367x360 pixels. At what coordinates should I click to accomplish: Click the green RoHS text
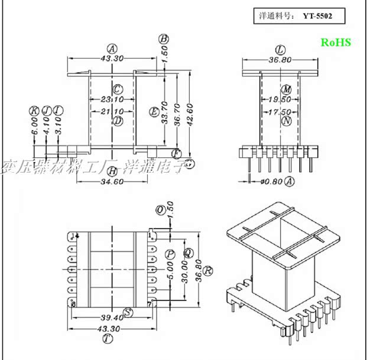336,42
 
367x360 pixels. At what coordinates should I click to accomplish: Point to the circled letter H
112,171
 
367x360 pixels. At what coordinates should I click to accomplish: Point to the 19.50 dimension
280,100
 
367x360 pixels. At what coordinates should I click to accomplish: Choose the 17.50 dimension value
280,111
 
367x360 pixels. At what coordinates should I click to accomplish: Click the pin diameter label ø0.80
271,182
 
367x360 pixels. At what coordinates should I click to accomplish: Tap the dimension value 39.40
111,317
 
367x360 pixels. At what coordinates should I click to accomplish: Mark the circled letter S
128,312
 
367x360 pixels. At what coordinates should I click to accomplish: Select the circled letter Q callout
188,253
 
